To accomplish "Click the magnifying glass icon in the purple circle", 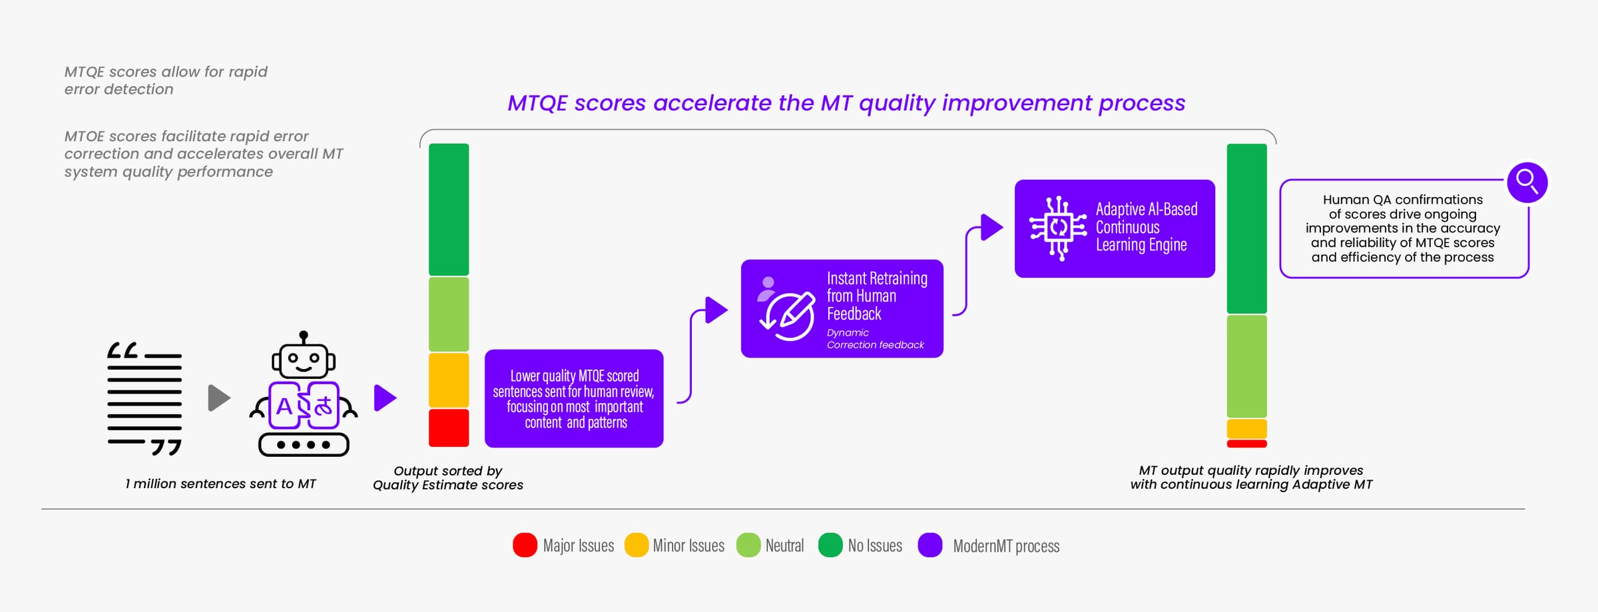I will (1527, 182).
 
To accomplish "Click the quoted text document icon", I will (144, 399).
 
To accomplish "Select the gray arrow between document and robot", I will (218, 398).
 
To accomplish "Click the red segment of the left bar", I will (449, 428).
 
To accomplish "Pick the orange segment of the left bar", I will (449, 380).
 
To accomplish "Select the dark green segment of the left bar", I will (449, 209).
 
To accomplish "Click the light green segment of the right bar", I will (1246, 366).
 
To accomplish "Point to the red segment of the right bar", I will (1246, 444).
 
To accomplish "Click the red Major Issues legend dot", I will (525, 545).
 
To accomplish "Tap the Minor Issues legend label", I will (688, 545).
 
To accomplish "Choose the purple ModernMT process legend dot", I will (930, 545).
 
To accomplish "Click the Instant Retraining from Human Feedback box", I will (842, 308).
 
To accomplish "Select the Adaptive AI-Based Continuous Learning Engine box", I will (1114, 228).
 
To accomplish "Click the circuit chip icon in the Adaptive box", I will (1057, 228).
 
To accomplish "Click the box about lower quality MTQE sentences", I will (573, 398).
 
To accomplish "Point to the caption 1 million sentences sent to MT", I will (220, 483).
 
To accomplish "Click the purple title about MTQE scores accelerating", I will (846, 103).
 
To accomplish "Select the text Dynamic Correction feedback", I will (874, 338).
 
